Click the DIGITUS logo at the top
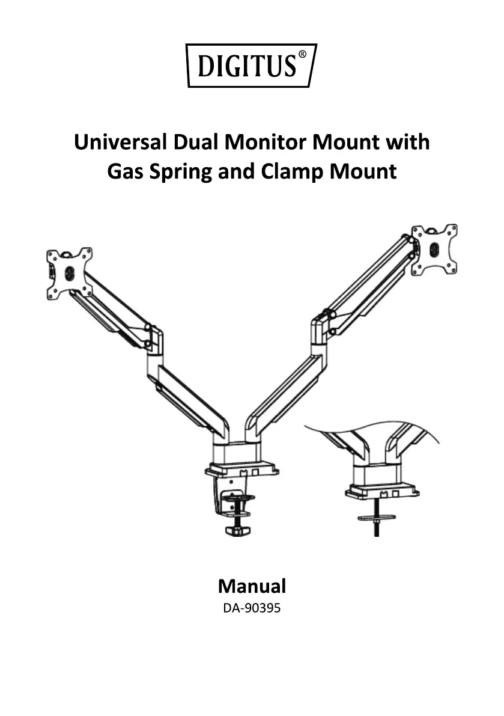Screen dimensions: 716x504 (x=251, y=65)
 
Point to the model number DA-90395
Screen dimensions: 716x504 (x=252, y=608)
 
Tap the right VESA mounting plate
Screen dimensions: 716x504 (x=434, y=249)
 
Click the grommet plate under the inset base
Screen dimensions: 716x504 (x=377, y=517)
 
